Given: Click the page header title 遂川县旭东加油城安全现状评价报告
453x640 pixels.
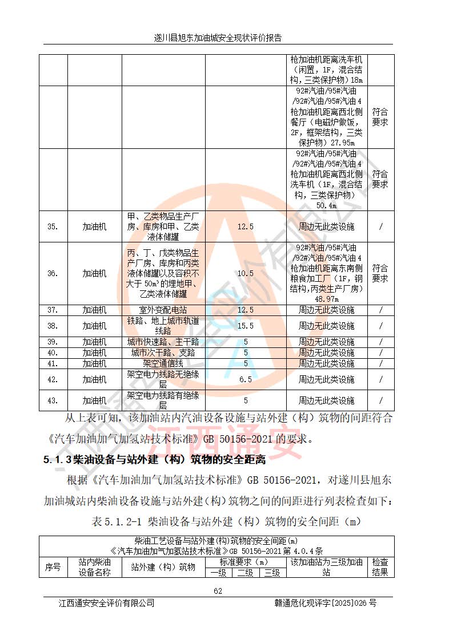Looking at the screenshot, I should pyautogui.click(x=218, y=38).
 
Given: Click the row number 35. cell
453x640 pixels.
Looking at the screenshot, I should pyautogui.click(x=53, y=226).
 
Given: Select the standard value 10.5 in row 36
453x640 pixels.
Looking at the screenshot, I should pyautogui.click(x=245, y=273).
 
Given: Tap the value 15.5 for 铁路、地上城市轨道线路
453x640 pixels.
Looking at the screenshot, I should pyautogui.click(x=245, y=326).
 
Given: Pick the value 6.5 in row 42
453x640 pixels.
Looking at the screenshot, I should pyautogui.click(x=245, y=379).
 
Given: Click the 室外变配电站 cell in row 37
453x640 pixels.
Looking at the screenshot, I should pyautogui.click(x=163, y=310).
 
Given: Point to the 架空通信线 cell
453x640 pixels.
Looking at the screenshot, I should pyautogui.click(x=163, y=363).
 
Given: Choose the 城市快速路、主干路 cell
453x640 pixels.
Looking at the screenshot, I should pyautogui.click(x=163, y=342).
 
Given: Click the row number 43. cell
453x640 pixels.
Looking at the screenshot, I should pyautogui.click(x=53, y=400).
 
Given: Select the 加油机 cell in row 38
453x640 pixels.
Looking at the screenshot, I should pyautogui.click(x=94, y=326).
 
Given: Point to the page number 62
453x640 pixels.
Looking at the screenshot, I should pyautogui.click(x=218, y=591).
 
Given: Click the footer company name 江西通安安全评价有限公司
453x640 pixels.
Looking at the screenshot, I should pyautogui.click(x=107, y=603).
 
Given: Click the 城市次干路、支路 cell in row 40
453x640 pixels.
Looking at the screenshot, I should pyautogui.click(x=163, y=353).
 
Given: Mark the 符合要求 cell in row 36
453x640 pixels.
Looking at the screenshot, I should pyautogui.click(x=380, y=273).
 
